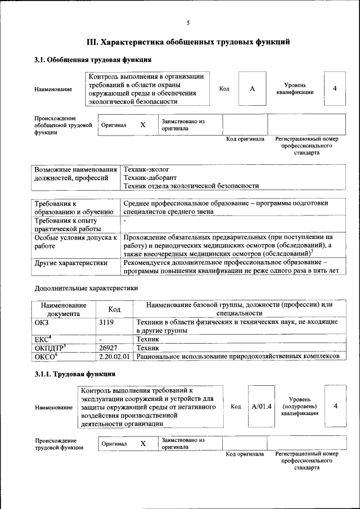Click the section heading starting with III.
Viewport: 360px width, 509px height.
(x=188, y=42)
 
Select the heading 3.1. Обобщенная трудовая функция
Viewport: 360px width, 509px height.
(x=93, y=60)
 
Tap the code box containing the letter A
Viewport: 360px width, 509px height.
(x=252, y=89)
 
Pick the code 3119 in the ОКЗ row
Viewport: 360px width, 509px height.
(x=106, y=322)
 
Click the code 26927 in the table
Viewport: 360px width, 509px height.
(x=108, y=348)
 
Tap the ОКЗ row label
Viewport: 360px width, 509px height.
(x=43, y=322)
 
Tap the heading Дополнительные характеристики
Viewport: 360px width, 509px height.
(x=86, y=288)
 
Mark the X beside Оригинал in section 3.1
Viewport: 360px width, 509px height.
(x=143, y=125)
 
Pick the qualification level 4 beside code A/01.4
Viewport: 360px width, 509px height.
(x=336, y=406)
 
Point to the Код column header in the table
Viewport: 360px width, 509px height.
(x=114, y=309)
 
